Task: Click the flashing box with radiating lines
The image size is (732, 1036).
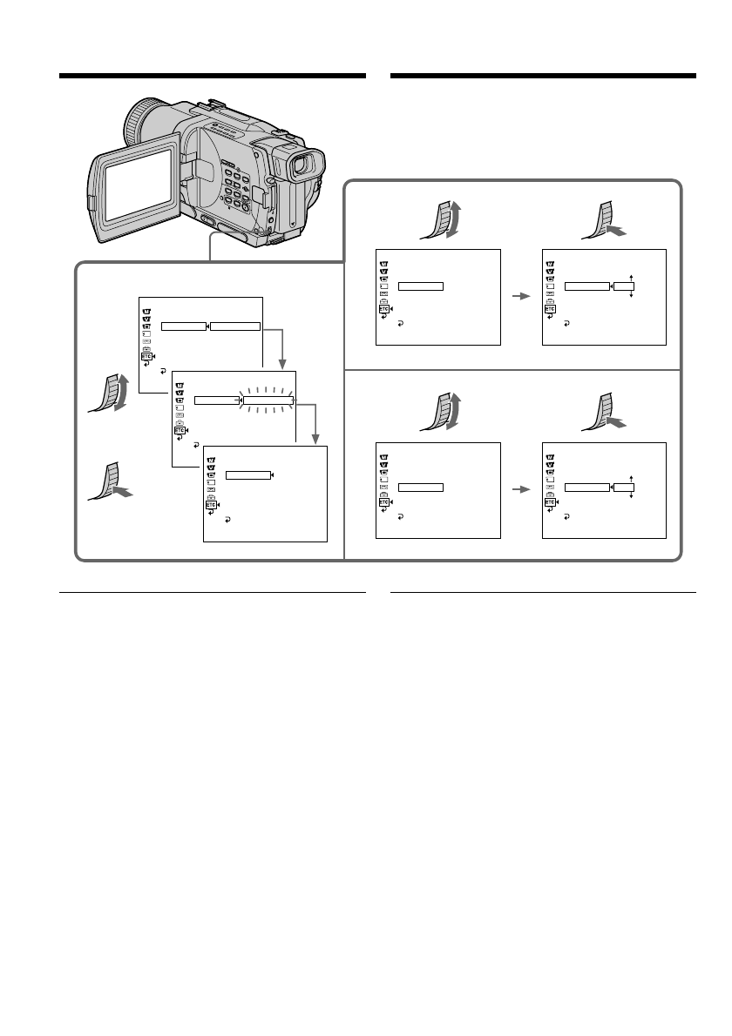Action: (x=268, y=401)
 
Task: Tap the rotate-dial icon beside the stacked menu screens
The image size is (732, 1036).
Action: (x=109, y=388)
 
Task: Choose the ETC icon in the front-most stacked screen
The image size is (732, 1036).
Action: (x=210, y=505)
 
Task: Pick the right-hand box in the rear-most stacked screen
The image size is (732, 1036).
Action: (x=235, y=326)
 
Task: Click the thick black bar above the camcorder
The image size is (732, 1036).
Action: (x=212, y=77)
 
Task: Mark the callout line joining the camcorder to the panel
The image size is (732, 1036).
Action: (x=210, y=246)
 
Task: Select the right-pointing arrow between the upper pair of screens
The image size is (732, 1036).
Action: (x=520, y=296)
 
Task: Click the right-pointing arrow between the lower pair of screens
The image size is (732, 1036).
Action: (x=520, y=489)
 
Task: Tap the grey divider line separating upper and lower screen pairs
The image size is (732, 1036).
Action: (x=512, y=370)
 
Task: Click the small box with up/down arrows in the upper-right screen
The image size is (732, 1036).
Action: (x=623, y=286)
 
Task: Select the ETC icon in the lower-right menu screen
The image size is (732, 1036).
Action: (x=550, y=501)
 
